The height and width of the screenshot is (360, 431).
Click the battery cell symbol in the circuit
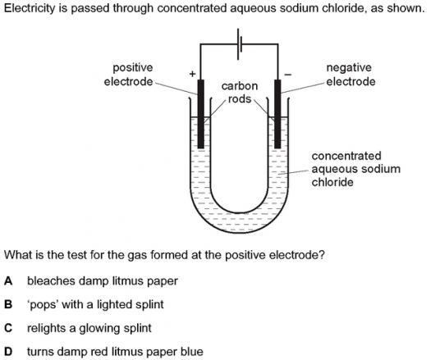click(240, 44)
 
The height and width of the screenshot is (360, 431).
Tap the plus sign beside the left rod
click(192, 74)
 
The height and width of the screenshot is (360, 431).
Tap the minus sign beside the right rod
click(287, 75)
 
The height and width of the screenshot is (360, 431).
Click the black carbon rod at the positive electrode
click(201, 114)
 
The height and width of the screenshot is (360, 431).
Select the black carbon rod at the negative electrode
click(277, 114)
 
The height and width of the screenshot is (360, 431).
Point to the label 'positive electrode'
click(129, 75)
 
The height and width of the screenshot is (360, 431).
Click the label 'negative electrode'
click(351, 75)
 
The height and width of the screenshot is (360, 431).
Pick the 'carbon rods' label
click(240, 93)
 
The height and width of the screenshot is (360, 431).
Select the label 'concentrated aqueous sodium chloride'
click(355, 169)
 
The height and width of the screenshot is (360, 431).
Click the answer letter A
click(8, 281)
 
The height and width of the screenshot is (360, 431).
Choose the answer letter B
click(8, 304)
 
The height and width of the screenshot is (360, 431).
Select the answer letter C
click(8, 328)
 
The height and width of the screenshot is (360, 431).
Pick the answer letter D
click(8, 352)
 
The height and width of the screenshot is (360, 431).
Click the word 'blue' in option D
click(192, 352)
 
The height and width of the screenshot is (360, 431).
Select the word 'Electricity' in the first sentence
click(30, 8)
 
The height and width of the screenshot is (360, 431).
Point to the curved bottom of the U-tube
click(240, 230)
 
